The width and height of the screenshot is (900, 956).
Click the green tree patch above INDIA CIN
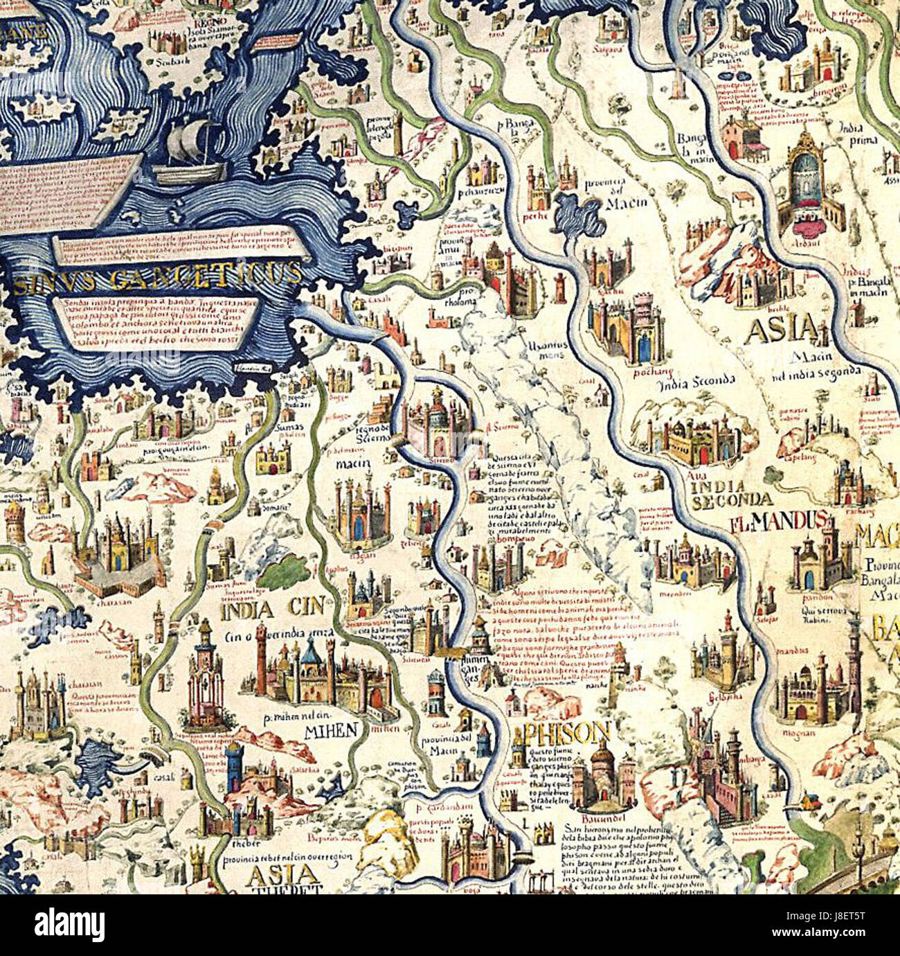(x=285, y=572)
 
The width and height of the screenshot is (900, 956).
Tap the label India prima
(x=856, y=134)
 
